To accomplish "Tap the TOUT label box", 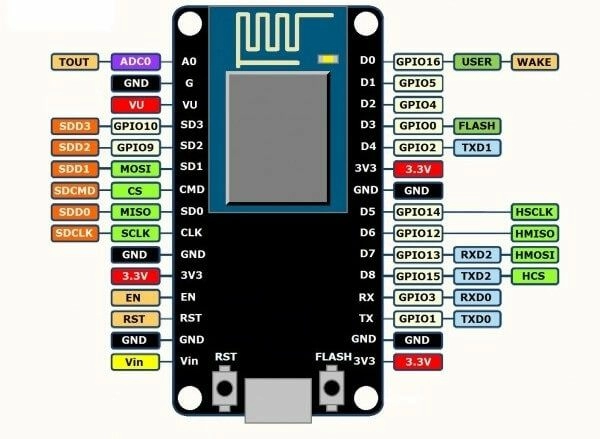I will pyautogui.click(x=75, y=62).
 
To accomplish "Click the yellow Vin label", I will pyautogui.click(x=135, y=361).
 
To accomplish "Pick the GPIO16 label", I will pyautogui.click(x=418, y=62).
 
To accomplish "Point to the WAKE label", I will pyautogui.click(x=535, y=62).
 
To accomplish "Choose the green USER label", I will pyautogui.click(x=478, y=62).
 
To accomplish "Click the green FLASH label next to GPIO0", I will pyautogui.click(x=478, y=126).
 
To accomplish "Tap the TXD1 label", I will pyautogui.click(x=478, y=147).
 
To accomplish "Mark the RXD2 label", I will pyautogui.click(x=478, y=255).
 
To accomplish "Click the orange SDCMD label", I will pyautogui.click(x=75, y=190).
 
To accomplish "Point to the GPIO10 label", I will pyautogui.click(x=135, y=126).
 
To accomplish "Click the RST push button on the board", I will pyautogui.click(x=227, y=387).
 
